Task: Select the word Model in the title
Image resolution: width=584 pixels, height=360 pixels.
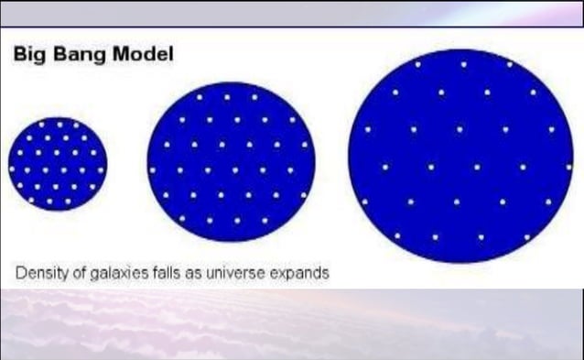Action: [143, 55]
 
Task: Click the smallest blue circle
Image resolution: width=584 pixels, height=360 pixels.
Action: [58, 164]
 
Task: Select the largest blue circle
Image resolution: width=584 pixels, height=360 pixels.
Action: [455, 156]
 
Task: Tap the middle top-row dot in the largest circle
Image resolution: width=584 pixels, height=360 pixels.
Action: [463, 64]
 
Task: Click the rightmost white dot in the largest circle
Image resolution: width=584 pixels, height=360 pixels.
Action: [552, 129]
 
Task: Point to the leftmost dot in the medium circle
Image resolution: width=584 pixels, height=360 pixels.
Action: [153, 169]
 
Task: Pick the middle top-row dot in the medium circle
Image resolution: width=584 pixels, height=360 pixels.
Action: [227, 95]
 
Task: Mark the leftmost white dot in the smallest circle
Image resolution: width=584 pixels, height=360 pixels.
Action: [13, 169]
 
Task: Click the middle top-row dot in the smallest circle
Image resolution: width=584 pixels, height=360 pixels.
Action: [60, 122]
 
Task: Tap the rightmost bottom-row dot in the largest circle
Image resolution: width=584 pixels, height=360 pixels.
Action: [526, 236]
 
